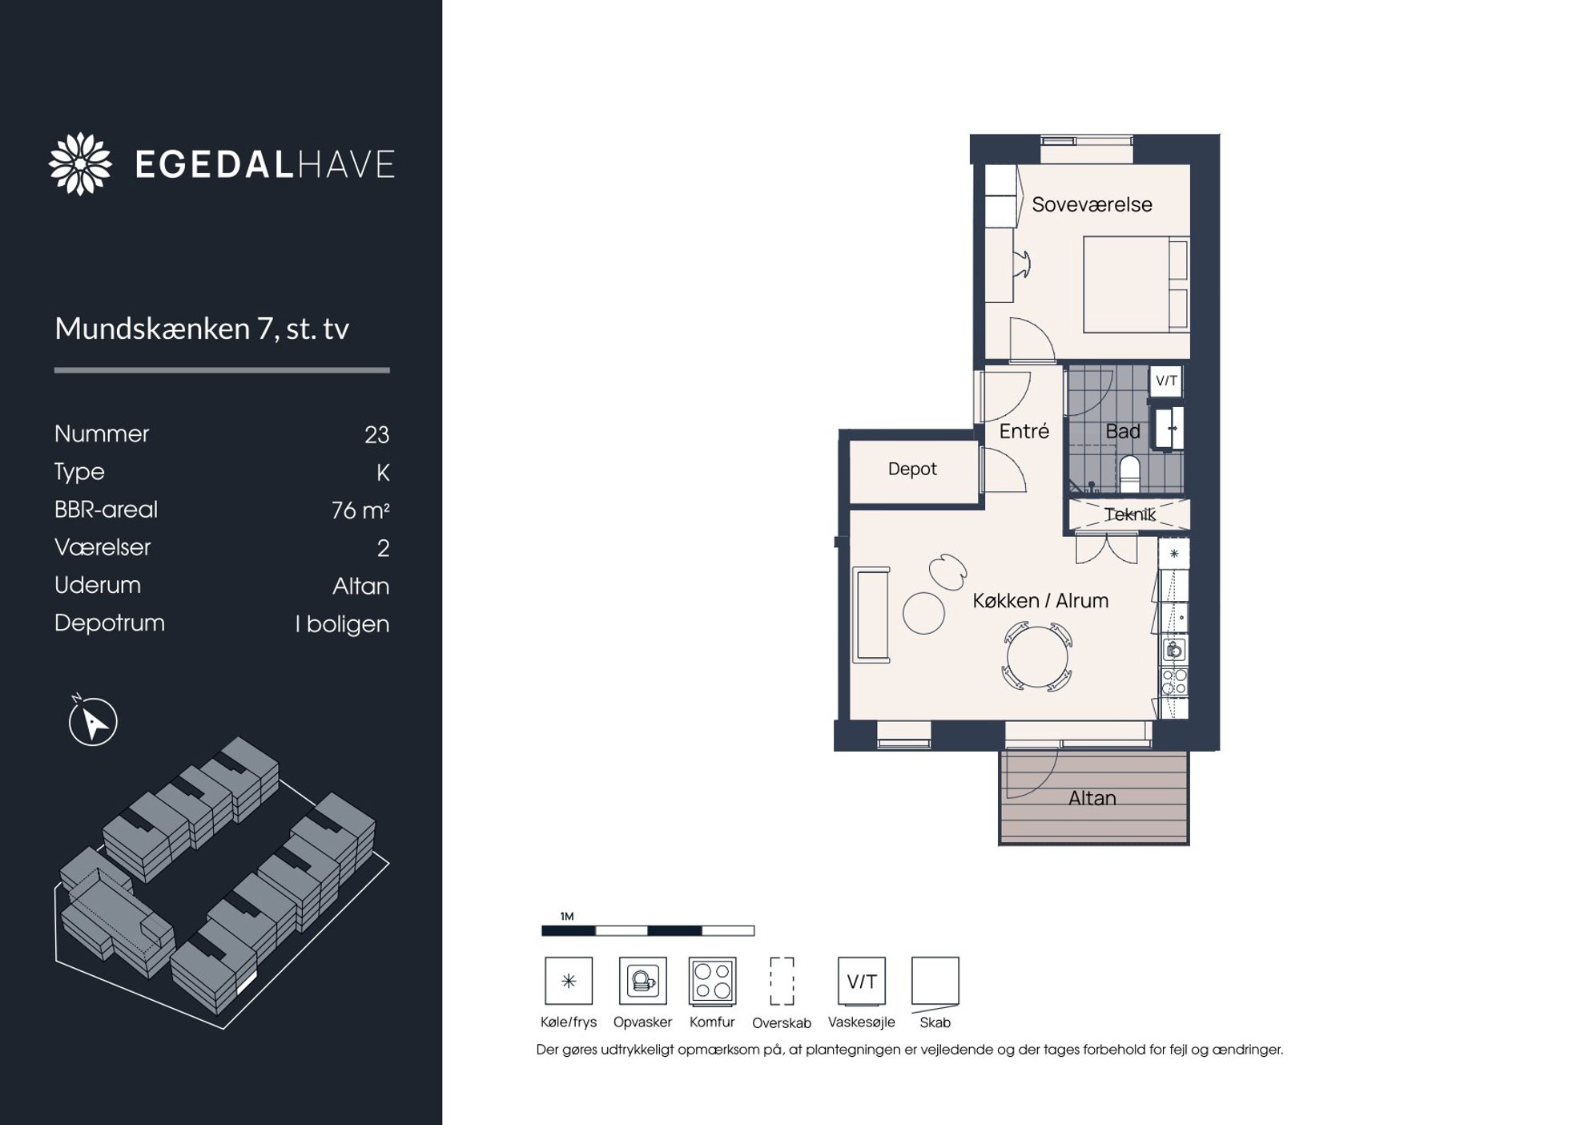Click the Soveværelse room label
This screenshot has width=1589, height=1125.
(1092, 205)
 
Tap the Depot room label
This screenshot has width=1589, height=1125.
(912, 470)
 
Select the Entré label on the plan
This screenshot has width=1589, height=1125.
(1024, 431)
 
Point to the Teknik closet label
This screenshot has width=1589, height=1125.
(1130, 514)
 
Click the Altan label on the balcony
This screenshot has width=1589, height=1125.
(1092, 798)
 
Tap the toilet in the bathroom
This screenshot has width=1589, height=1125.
(1129, 473)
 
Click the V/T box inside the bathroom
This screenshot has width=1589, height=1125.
(1166, 381)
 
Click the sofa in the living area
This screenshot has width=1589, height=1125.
(871, 615)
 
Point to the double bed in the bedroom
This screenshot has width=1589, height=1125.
(1136, 284)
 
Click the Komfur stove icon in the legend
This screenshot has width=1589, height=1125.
(712, 981)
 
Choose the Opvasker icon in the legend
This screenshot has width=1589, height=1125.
(642, 981)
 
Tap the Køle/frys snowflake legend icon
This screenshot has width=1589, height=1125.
(569, 981)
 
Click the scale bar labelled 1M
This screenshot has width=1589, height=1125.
(648, 930)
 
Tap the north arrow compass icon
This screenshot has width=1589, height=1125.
(93, 721)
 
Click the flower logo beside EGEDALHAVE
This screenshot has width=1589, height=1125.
(80, 163)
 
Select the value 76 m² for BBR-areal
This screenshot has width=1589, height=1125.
(360, 510)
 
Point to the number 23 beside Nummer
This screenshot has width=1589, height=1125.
(376, 434)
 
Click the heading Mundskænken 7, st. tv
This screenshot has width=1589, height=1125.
(202, 329)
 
